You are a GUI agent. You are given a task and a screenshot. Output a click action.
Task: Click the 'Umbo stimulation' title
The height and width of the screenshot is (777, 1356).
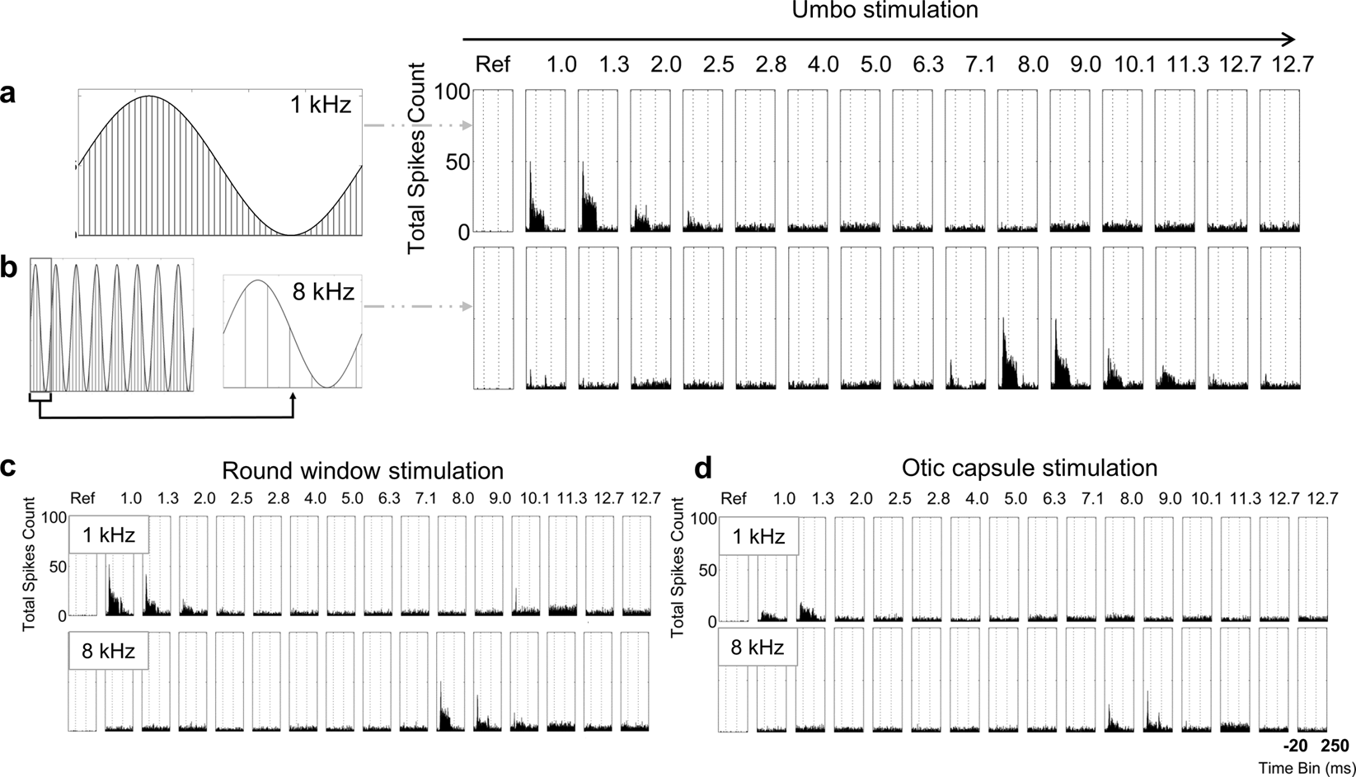(885, 11)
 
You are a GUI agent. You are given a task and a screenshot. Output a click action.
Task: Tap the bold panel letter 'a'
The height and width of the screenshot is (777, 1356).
(8, 94)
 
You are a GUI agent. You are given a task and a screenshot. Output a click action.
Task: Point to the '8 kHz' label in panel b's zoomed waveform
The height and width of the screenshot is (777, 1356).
(322, 291)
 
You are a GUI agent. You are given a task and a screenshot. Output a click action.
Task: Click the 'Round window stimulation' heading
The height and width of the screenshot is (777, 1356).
(363, 471)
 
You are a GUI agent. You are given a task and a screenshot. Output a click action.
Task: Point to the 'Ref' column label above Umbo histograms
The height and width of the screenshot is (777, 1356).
(493, 64)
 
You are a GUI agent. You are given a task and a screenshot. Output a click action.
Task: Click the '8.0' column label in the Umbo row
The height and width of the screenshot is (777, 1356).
(1033, 64)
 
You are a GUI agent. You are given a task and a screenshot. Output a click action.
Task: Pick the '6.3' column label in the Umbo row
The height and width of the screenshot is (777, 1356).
(928, 64)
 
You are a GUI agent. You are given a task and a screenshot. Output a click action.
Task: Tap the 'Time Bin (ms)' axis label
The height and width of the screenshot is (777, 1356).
(1307, 768)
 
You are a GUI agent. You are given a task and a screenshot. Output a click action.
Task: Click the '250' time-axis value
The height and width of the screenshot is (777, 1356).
(1335, 746)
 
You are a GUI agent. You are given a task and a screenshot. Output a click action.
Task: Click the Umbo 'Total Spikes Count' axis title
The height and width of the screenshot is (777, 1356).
(417, 157)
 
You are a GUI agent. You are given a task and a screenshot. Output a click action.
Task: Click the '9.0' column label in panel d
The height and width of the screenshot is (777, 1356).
(1169, 498)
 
